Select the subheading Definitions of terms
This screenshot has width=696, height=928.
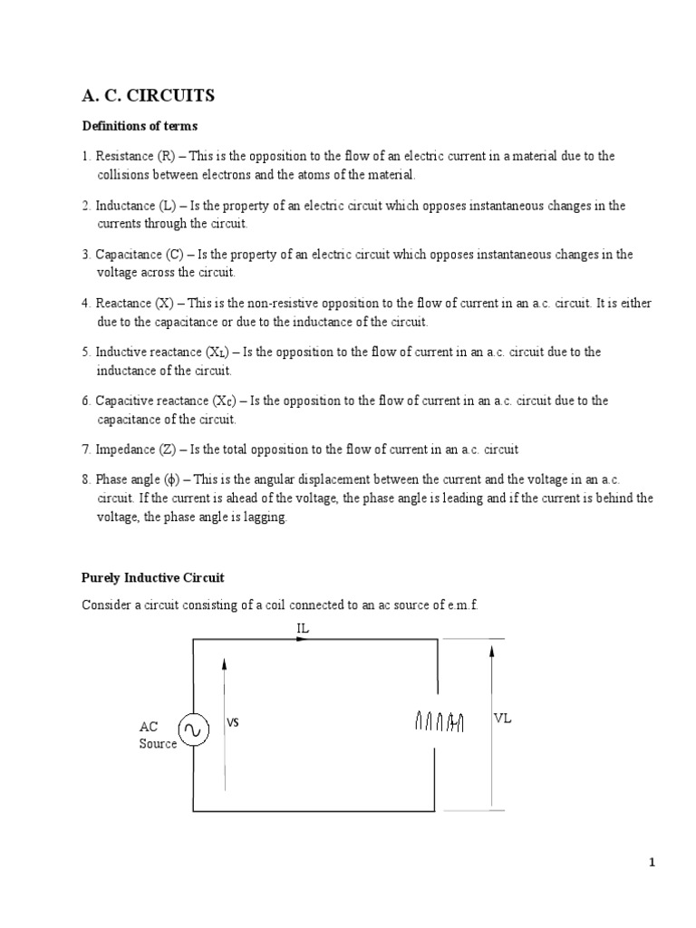click(140, 125)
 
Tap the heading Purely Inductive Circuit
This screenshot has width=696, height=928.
click(152, 576)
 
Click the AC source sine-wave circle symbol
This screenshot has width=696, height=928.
click(193, 728)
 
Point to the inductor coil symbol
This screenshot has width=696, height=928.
click(440, 721)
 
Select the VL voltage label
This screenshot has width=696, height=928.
click(503, 718)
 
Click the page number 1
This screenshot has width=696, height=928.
click(651, 863)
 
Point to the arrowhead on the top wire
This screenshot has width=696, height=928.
click(301, 639)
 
